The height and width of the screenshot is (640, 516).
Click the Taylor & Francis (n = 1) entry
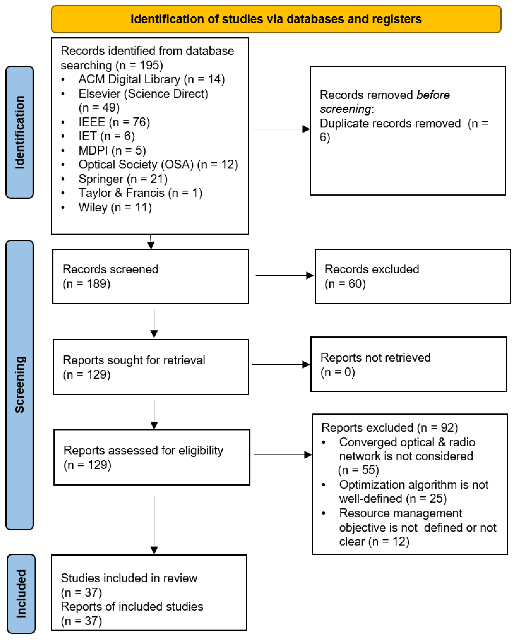[140, 193]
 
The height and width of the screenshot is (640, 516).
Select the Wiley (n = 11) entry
[115, 208]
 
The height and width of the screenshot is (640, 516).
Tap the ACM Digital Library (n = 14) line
[152, 79]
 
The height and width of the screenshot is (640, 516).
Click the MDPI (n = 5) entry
[112, 150]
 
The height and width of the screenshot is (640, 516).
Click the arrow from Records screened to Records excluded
[284, 275]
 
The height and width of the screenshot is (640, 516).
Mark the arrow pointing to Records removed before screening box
[280, 129]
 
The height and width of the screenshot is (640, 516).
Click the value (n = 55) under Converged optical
[359, 470]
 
